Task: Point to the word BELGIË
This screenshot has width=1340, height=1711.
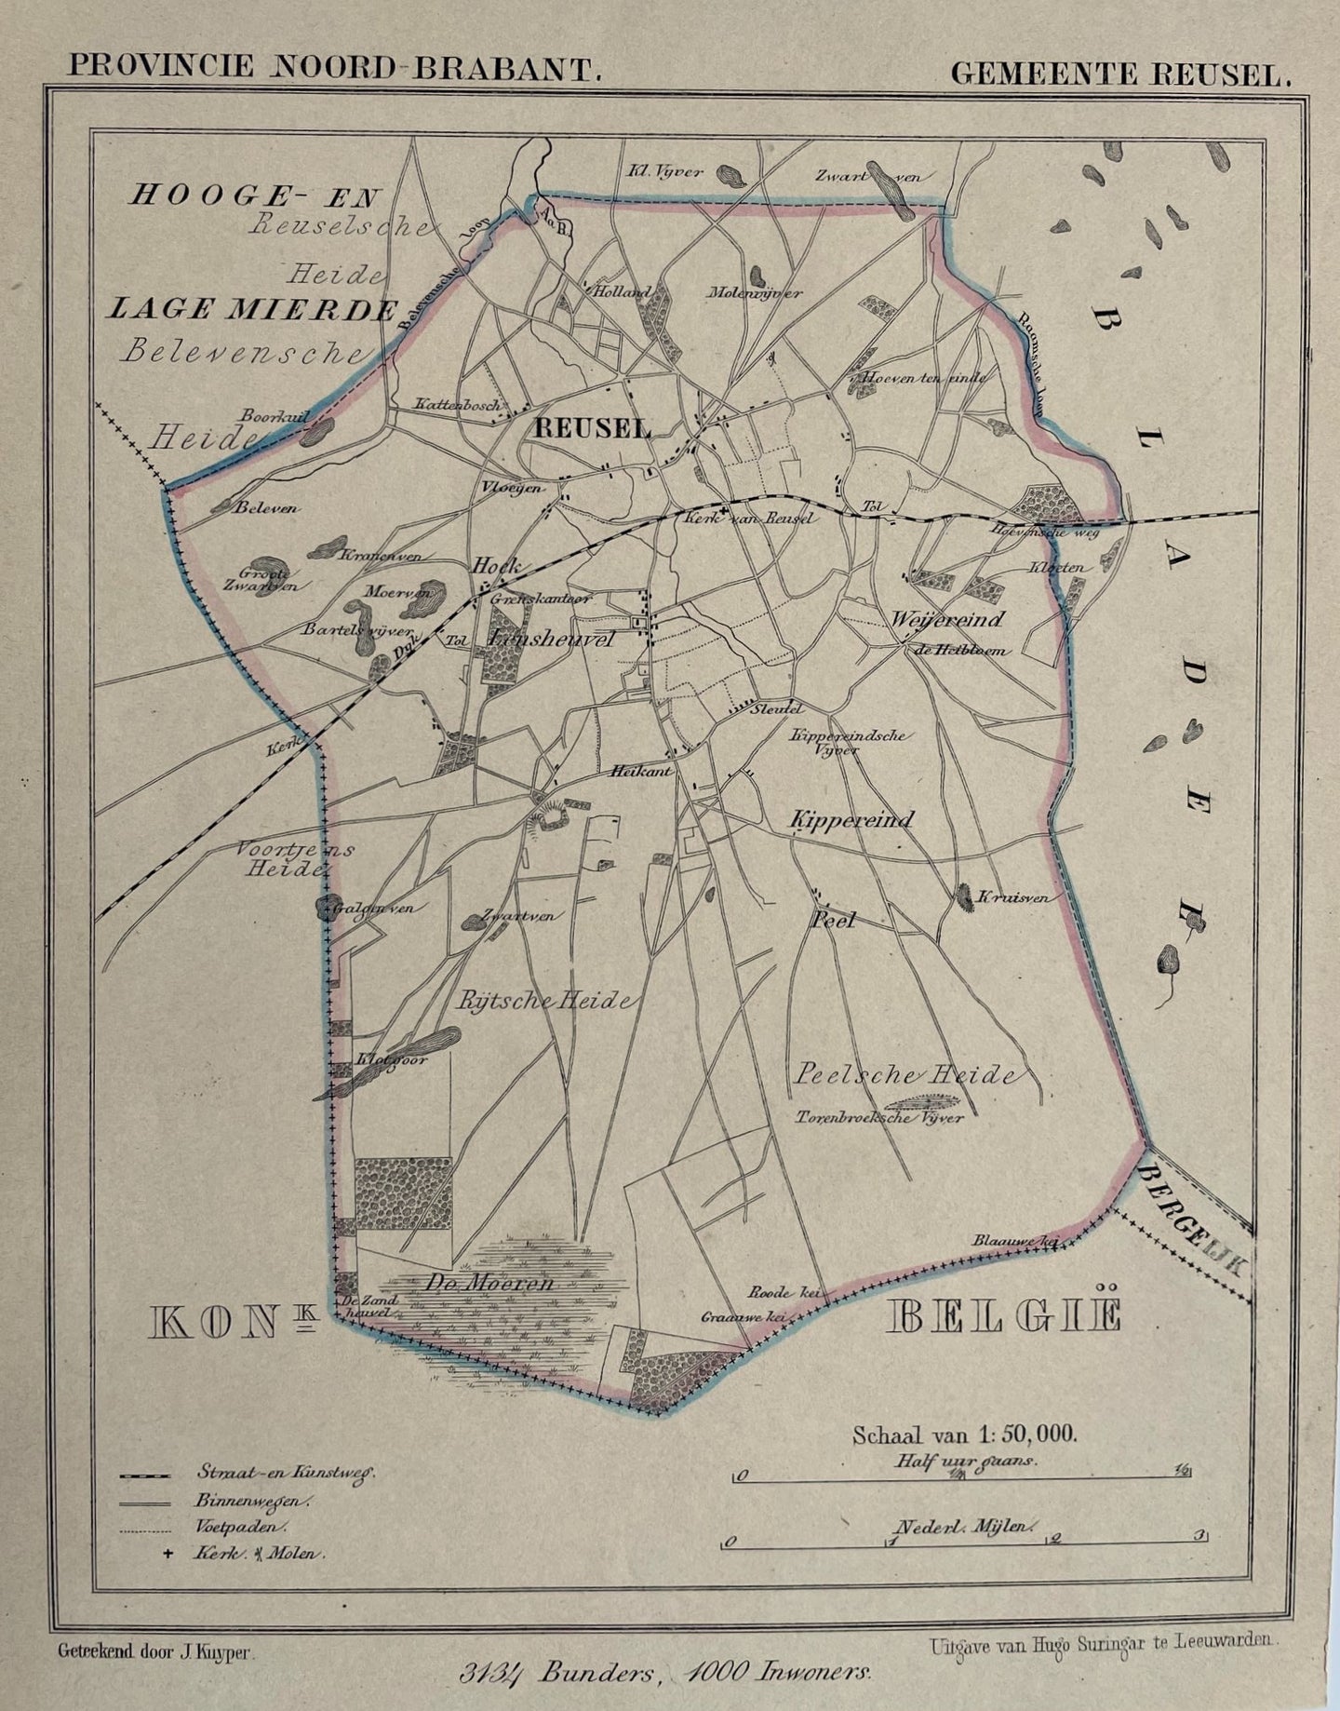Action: pos(1005,1317)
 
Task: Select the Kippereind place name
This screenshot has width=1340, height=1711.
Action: pos(851,820)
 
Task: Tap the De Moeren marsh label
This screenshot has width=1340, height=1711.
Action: pos(505,1283)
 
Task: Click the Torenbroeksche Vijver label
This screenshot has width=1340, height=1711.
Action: pos(878,1118)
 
